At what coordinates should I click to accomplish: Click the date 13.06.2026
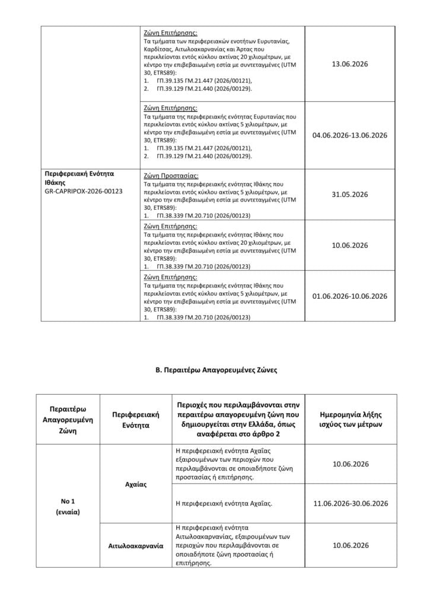pyautogui.click(x=349, y=63)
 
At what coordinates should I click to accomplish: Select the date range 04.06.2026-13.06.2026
pyautogui.click(x=349, y=135)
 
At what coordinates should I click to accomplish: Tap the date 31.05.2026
pyautogui.click(x=349, y=194)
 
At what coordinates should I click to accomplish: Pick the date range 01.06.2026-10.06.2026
pyautogui.click(x=349, y=296)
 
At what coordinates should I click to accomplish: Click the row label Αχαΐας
pyautogui.click(x=136, y=484)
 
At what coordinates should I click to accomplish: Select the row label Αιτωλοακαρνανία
pyautogui.click(x=136, y=545)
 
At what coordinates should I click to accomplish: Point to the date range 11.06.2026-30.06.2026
pyautogui.click(x=350, y=503)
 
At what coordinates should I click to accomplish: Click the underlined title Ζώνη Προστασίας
pyautogui.click(x=171, y=176)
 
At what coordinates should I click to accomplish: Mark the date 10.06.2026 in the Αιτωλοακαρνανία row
pyautogui.click(x=350, y=545)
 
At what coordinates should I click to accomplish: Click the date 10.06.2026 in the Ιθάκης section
pyautogui.click(x=349, y=245)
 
